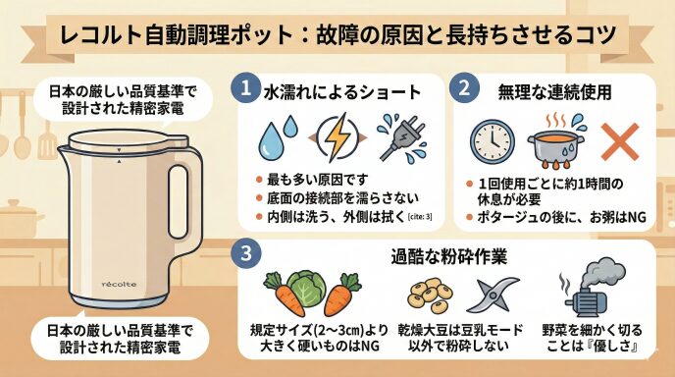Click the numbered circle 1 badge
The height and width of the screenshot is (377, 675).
[245, 88]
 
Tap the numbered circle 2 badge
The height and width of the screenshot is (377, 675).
[464, 88]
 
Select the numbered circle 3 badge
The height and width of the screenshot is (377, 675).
[246, 253]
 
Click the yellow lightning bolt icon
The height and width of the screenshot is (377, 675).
[337, 137]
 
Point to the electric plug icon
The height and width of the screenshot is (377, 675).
[400, 137]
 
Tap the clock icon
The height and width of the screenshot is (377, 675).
[493, 141]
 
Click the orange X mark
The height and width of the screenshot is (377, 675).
[619, 141]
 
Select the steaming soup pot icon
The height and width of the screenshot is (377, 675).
[556, 141]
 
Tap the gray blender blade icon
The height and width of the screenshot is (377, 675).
[493, 295]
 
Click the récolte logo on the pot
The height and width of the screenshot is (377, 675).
[120, 285]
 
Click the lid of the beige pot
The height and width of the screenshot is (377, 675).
[129, 141]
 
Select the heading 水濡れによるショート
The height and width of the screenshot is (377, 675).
[342, 92]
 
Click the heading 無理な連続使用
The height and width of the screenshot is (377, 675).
[555, 91]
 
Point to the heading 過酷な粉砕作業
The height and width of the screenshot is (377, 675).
[449, 256]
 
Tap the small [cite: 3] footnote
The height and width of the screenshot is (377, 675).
[420, 217]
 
